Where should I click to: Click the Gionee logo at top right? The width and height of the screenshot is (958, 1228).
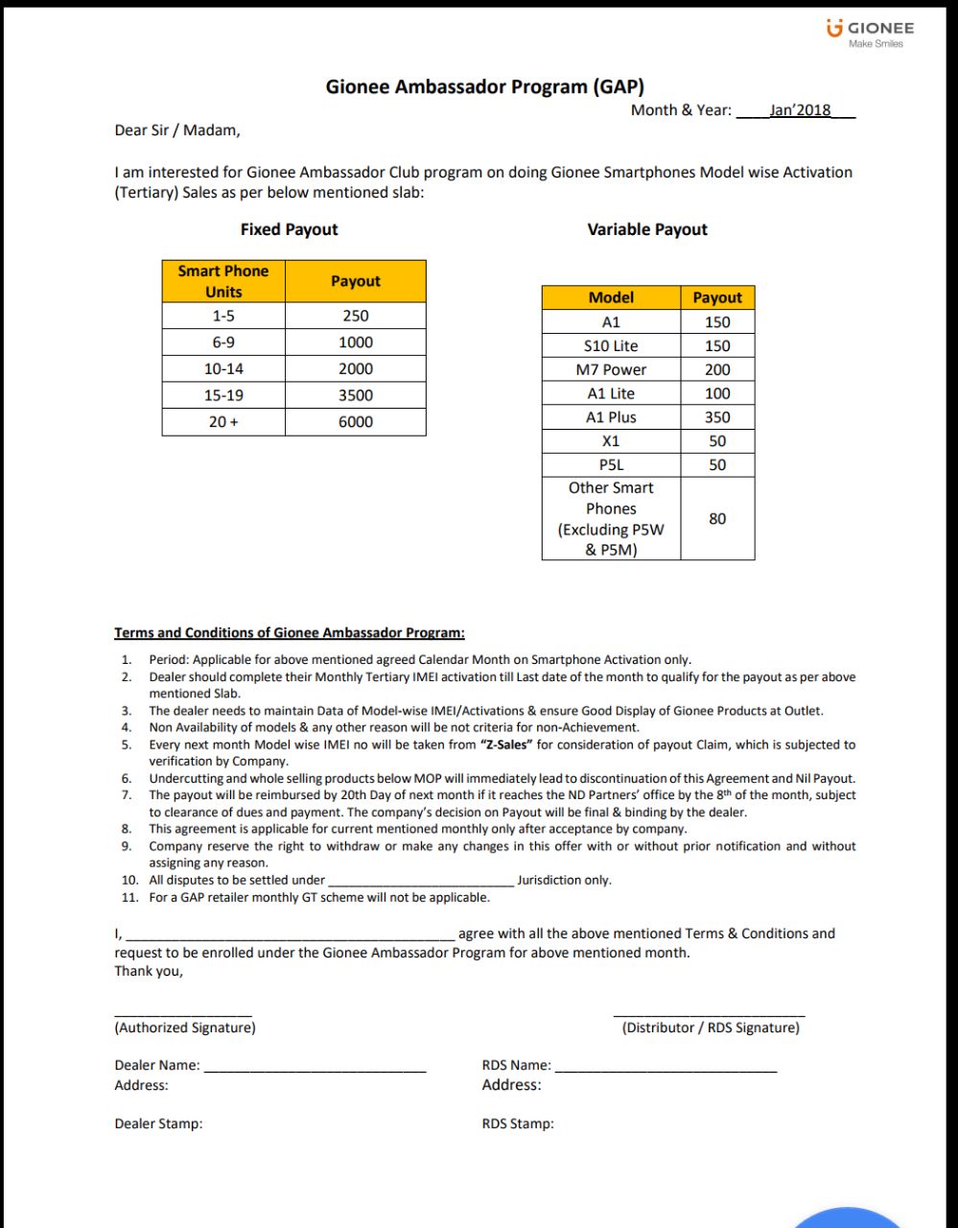coord(870,34)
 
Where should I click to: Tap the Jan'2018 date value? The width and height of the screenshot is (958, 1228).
coord(800,110)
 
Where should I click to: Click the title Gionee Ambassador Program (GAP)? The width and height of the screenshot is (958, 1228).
coord(484,87)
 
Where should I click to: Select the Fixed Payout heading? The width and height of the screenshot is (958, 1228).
coord(289,229)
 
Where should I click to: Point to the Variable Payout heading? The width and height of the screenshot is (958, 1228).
coord(647,229)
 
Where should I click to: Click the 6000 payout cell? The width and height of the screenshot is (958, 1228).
coord(355,422)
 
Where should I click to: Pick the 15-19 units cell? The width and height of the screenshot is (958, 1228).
coord(222,395)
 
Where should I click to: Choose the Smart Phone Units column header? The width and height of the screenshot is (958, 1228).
coord(223,281)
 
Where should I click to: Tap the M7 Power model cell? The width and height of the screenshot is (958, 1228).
coord(611,369)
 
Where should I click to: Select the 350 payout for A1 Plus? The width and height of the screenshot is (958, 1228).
coord(716,417)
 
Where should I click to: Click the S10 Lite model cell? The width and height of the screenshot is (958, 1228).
coord(611,345)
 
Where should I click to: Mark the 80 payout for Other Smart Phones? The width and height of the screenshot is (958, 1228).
coord(716,519)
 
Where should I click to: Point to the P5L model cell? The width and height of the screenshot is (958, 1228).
coord(611,465)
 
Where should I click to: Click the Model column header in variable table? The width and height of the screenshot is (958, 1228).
coord(611,297)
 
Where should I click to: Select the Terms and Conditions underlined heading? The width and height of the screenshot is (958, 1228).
coord(289,633)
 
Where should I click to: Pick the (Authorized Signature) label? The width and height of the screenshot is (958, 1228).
coord(185,1027)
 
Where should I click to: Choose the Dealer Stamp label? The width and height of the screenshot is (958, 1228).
coord(158,1123)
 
